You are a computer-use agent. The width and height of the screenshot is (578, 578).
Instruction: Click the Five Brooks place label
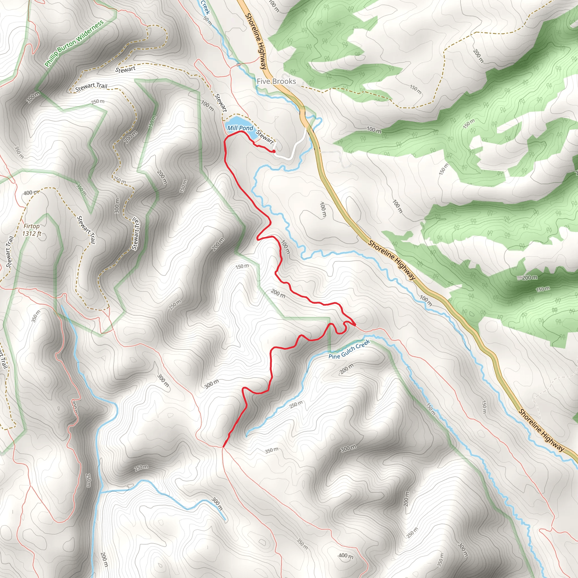pos(276,81)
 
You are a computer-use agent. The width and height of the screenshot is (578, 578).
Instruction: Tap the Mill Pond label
pos(240,128)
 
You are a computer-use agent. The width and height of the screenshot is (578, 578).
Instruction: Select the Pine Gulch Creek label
pos(349,349)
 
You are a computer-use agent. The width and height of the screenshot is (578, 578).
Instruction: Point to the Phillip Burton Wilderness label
pos(74,43)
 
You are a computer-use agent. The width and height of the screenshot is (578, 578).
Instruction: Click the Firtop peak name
pos(31,226)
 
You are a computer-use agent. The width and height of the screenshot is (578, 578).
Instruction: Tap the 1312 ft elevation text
pos(32,233)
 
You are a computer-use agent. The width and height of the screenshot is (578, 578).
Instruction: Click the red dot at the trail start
pos(274,151)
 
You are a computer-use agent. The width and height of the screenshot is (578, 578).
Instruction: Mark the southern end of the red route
pos(223,447)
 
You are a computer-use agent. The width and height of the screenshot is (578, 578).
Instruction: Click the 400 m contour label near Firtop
pos(31,193)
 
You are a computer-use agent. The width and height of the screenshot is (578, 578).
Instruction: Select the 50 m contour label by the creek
pos(208,21)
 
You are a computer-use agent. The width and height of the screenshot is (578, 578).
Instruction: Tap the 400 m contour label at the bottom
pos(346,555)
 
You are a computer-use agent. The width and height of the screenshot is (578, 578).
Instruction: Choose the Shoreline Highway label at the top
pos(256,41)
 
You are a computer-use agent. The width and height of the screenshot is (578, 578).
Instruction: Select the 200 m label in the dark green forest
pos(529,278)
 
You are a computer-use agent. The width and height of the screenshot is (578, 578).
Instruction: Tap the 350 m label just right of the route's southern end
pos(272,450)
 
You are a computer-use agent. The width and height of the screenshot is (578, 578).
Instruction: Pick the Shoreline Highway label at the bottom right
pos(542,430)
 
